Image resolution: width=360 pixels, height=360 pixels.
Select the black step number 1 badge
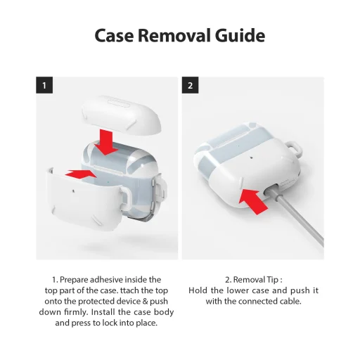coord(44,86)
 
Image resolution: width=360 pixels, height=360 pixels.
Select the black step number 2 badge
coord(191,86)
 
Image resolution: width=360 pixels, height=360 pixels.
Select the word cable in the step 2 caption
coord(285,302)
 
